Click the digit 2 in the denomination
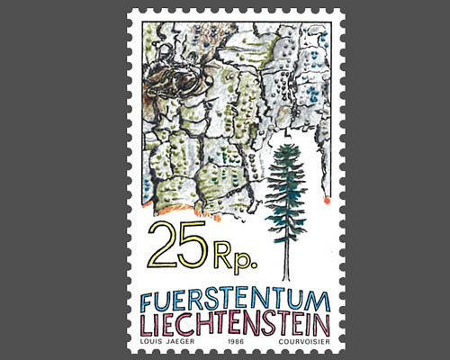pyautogui.click(x=164, y=244)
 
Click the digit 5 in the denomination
pyautogui.click(x=193, y=245)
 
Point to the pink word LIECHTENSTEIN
pyautogui.click(x=235, y=324)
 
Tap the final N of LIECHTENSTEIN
pyautogui.click(x=325, y=324)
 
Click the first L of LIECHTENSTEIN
pyautogui.click(x=144, y=324)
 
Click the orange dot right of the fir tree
pyautogui.click(x=327, y=201)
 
